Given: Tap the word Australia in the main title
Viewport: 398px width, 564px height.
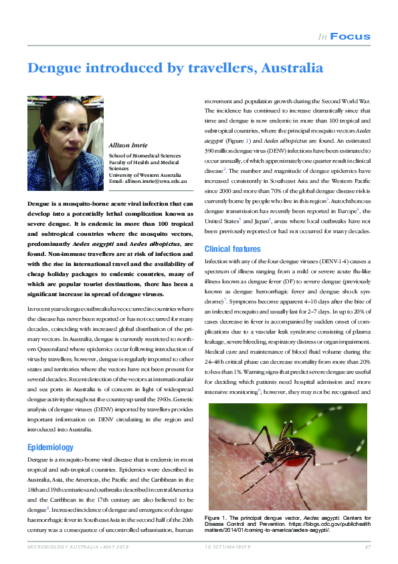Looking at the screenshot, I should pyautogui.click(x=292, y=68).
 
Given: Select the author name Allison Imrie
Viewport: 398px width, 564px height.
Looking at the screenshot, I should pyautogui.click(x=128, y=145).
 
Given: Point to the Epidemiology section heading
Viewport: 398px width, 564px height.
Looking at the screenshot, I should pyautogui.click(x=50, y=447).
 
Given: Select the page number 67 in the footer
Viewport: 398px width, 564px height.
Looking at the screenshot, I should pyautogui.click(x=367, y=548).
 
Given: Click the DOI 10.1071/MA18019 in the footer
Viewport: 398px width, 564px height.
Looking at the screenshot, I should pyautogui.click(x=226, y=548).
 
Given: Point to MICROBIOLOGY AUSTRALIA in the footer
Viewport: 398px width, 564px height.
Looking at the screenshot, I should pyautogui.click(x=56, y=548).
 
